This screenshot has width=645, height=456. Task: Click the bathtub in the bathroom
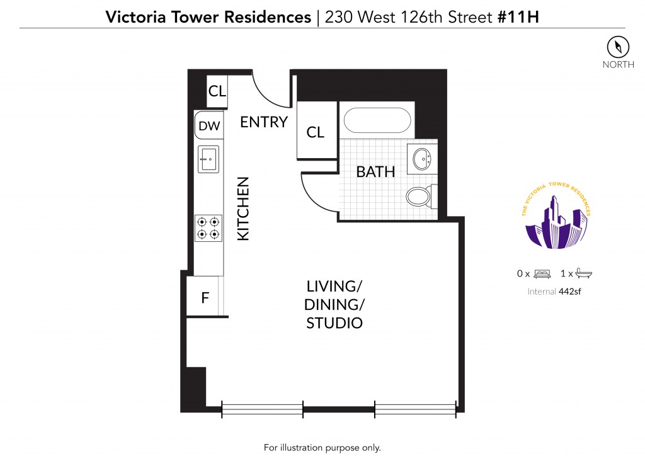377,120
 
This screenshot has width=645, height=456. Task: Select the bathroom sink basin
421,159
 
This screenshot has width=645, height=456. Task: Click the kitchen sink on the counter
208,159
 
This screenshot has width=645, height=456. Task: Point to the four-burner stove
208,228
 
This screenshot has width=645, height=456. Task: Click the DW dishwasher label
209,126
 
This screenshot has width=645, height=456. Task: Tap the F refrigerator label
205,297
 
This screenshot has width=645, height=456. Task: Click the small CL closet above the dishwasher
217,91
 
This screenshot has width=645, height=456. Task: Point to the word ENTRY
264,122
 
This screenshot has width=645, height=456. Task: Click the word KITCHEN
243,208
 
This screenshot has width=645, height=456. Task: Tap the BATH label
375,172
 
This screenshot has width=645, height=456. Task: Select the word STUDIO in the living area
334,322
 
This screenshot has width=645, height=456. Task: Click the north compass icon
618,47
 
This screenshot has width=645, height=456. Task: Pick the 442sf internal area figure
569,292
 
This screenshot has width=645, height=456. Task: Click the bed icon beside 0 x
542,274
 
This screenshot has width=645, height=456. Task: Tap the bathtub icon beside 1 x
583,273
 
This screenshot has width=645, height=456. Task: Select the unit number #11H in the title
518,17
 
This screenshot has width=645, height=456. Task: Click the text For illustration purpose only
322,447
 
